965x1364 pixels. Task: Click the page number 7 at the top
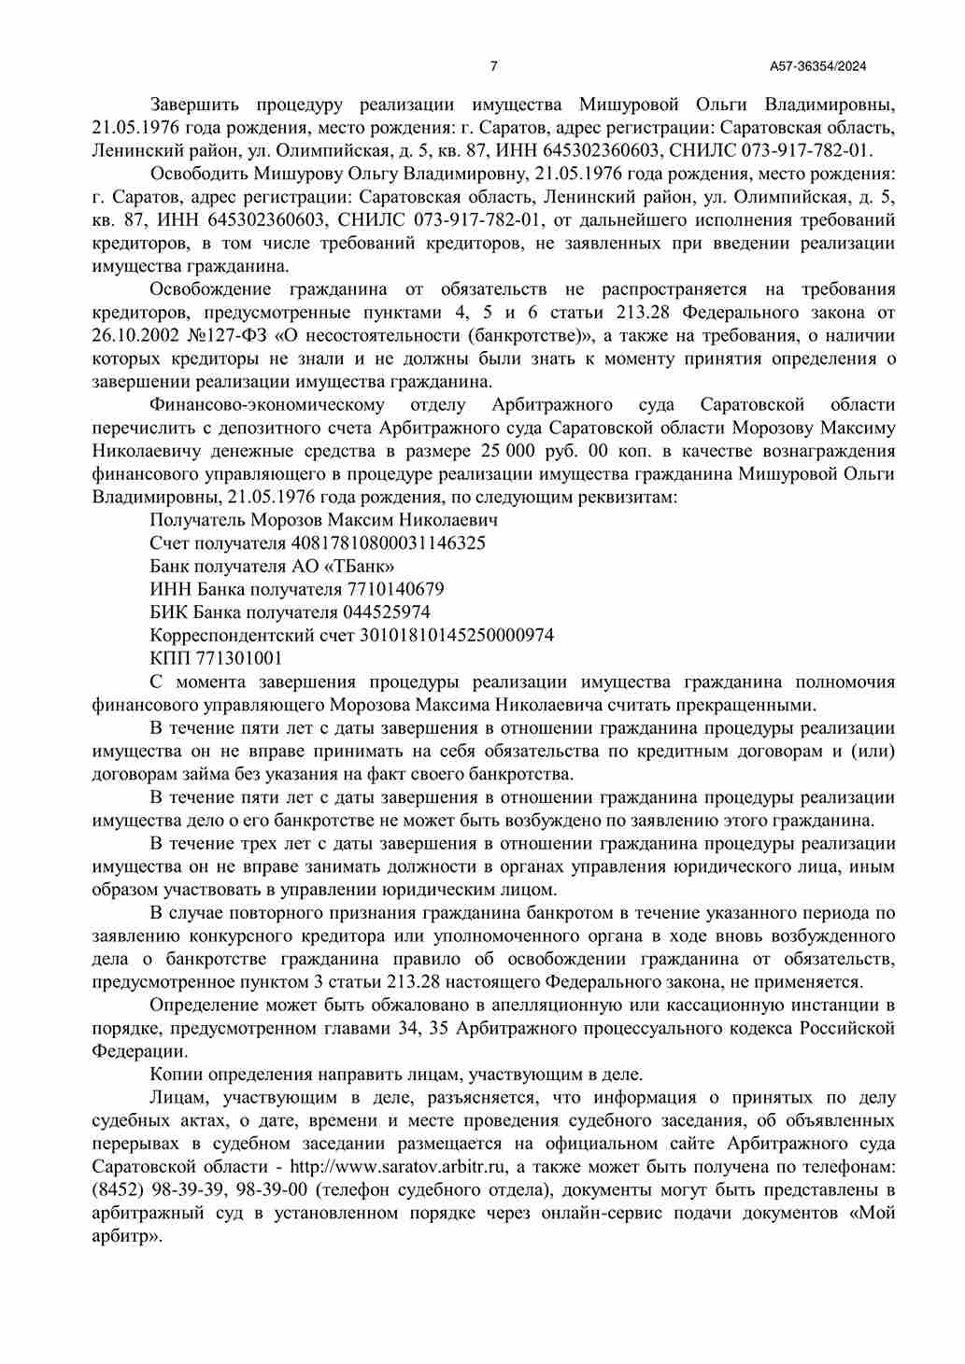tap(494, 66)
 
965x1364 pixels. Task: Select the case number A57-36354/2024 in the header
tap(818, 66)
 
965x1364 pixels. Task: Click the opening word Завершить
tap(194, 104)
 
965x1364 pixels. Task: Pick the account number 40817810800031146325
tap(389, 543)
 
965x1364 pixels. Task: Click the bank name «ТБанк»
tap(359, 567)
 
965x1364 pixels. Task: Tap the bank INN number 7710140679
tap(394, 589)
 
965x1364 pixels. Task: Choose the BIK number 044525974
tap(387, 612)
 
